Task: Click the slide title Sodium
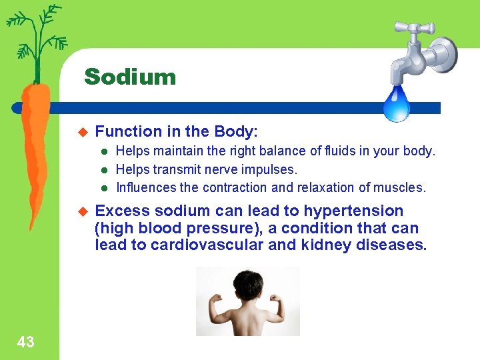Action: pyautogui.click(x=130, y=77)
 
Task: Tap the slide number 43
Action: pyautogui.click(x=25, y=343)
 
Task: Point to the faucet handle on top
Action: pyautogui.click(x=414, y=28)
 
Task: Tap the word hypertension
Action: pyautogui.click(x=353, y=211)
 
